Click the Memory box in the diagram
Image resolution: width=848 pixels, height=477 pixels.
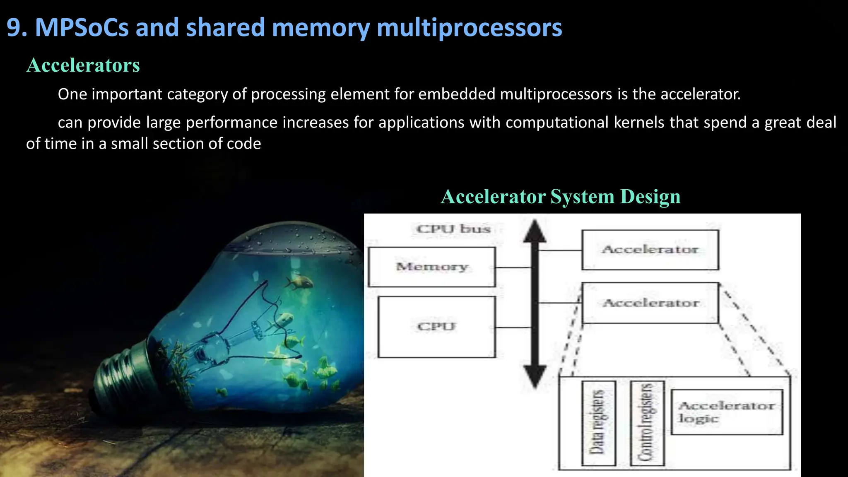coord(431,267)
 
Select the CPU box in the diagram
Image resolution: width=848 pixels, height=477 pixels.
coord(436,327)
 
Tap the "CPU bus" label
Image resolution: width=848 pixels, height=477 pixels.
coord(453,229)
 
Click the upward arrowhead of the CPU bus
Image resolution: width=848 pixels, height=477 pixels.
coord(535,231)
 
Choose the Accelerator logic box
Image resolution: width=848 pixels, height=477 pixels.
coord(727,412)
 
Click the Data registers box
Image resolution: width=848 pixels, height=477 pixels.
coord(598,423)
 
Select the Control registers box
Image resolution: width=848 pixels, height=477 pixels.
coord(647,423)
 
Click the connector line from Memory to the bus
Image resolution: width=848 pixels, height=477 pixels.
coord(513,267)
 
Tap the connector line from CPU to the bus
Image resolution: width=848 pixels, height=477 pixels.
coord(513,328)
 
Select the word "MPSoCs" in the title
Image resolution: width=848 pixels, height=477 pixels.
coord(82,28)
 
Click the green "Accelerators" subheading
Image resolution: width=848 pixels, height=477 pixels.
coord(83,65)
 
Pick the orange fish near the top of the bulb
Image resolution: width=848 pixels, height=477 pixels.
coord(299,282)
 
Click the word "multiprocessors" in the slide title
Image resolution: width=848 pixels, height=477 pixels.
coord(469,28)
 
